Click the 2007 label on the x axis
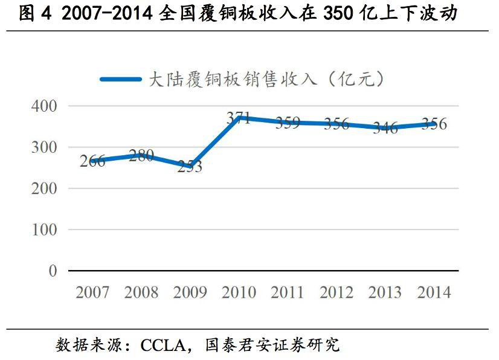pyautogui.click(x=92, y=293)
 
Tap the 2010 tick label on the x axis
pyautogui.click(x=239, y=293)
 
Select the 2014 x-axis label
pyautogui.click(x=434, y=293)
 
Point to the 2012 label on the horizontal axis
pyautogui.click(x=336, y=293)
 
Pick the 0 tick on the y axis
pyautogui.click(x=53, y=271)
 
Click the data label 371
pyautogui.click(x=239, y=118)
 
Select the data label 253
pyautogui.click(x=190, y=167)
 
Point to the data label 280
pyautogui.click(x=141, y=155)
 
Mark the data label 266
pyautogui.click(x=92, y=161)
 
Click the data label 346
pyautogui.click(x=385, y=128)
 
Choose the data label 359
pyautogui.click(x=288, y=123)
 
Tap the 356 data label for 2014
pyautogui.click(x=434, y=124)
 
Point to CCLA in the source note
pyautogui.click(x=163, y=346)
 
